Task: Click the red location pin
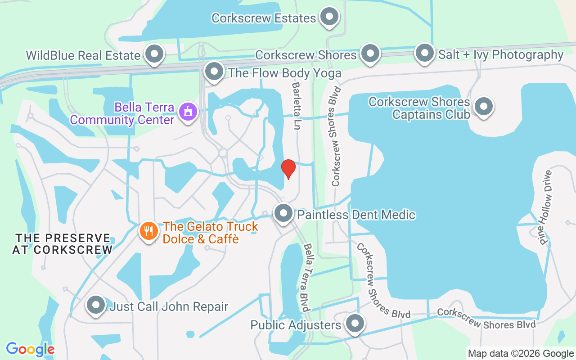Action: pos(288,169)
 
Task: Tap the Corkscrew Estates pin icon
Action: pos(329,17)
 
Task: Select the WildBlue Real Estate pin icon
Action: pos(155,54)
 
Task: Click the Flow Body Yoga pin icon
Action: pos(214,72)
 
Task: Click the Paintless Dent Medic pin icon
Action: pos(283,213)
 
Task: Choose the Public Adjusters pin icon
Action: pos(355,323)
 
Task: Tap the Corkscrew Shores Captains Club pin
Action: pos(484,107)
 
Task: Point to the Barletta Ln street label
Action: pos(296,106)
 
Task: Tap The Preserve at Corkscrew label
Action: pos(62,243)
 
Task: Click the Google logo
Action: pos(30,349)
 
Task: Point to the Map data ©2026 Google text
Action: pos(521,354)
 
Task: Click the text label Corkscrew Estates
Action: pos(264,18)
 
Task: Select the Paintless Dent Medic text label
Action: pos(356,215)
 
